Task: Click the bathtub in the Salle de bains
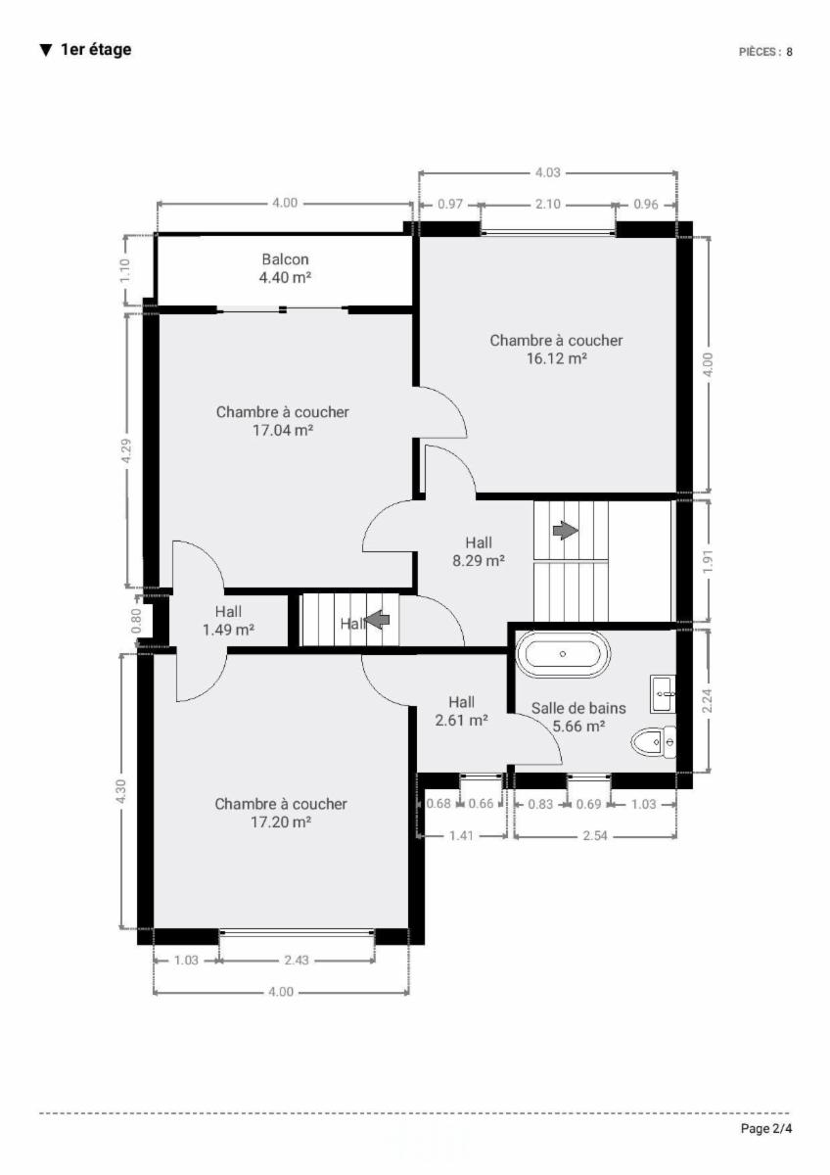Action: pyautogui.click(x=563, y=654)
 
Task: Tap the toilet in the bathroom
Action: pyautogui.click(x=653, y=742)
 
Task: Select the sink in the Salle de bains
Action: pyautogui.click(x=664, y=694)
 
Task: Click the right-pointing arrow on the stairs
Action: pyautogui.click(x=565, y=531)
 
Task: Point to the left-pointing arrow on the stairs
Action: pyautogui.click(x=378, y=620)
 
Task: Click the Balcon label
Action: pyautogui.click(x=285, y=259)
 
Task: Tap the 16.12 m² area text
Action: pyautogui.click(x=556, y=358)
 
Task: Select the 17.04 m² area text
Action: pyautogui.click(x=283, y=431)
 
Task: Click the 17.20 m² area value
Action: pyautogui.click(x=281, y=822)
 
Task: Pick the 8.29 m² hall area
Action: pyautogui.click(x=479, y=561)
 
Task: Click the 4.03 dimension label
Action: pyautogui.click(x=547, y=172)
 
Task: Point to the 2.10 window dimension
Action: pyautogui.click(x=548, y=204)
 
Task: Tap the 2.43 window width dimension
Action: pyautogui.click(x=297, y=961)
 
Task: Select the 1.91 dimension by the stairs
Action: pyautogui.click(x=708, y=562)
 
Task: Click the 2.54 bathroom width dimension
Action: pyautogui.click(x=595, y=835)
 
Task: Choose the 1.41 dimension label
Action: pyautogui.click(x=461, y=835)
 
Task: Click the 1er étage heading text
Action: pyautogui.click(x=96, y=50)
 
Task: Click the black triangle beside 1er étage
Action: pyautogui.click(x=46, y=50)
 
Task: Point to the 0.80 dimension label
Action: pyautogui.click(x=136, y=621)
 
